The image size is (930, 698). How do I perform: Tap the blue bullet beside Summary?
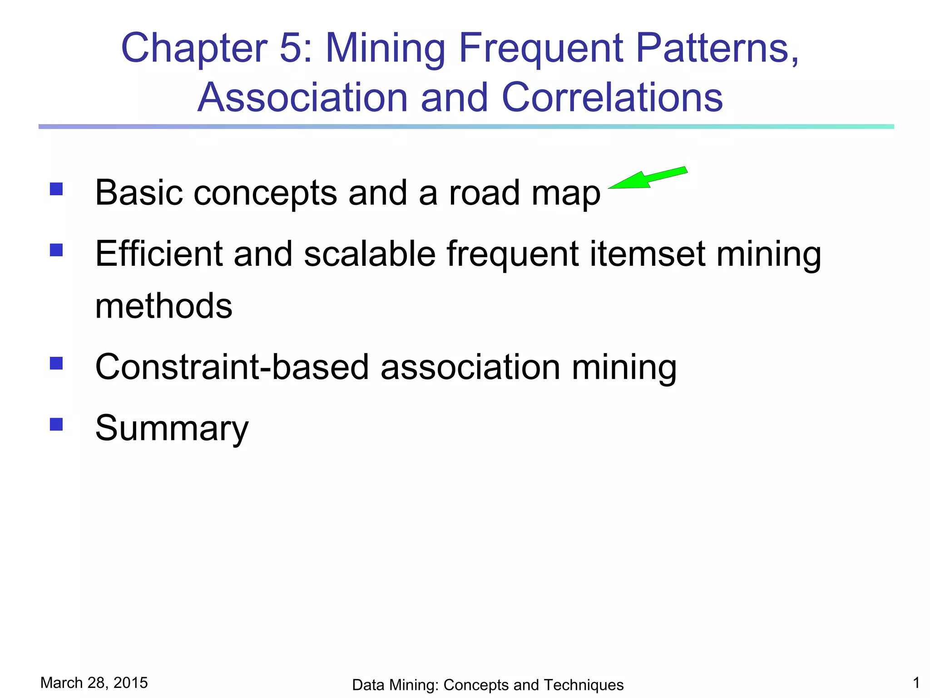pyautogui.click(x=56, y=424)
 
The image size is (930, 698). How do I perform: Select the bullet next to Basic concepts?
pyautogui.click(x=56, y=189)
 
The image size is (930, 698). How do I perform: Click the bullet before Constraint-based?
pyautogui.click(x=56, y=363)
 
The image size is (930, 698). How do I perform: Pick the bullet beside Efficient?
pyautogui.click(x=56, y=250)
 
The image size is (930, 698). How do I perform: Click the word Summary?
pyautogui.click(x=172, y=428)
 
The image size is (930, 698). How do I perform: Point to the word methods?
pyautogui.click(x=163, y=306)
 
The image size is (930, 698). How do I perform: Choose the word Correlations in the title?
pyautogui.click(x=612, y=97)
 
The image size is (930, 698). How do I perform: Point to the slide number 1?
pyautogui.click(x=916, y=683)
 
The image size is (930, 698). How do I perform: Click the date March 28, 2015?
pyautogui.click(x=94, y=683)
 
